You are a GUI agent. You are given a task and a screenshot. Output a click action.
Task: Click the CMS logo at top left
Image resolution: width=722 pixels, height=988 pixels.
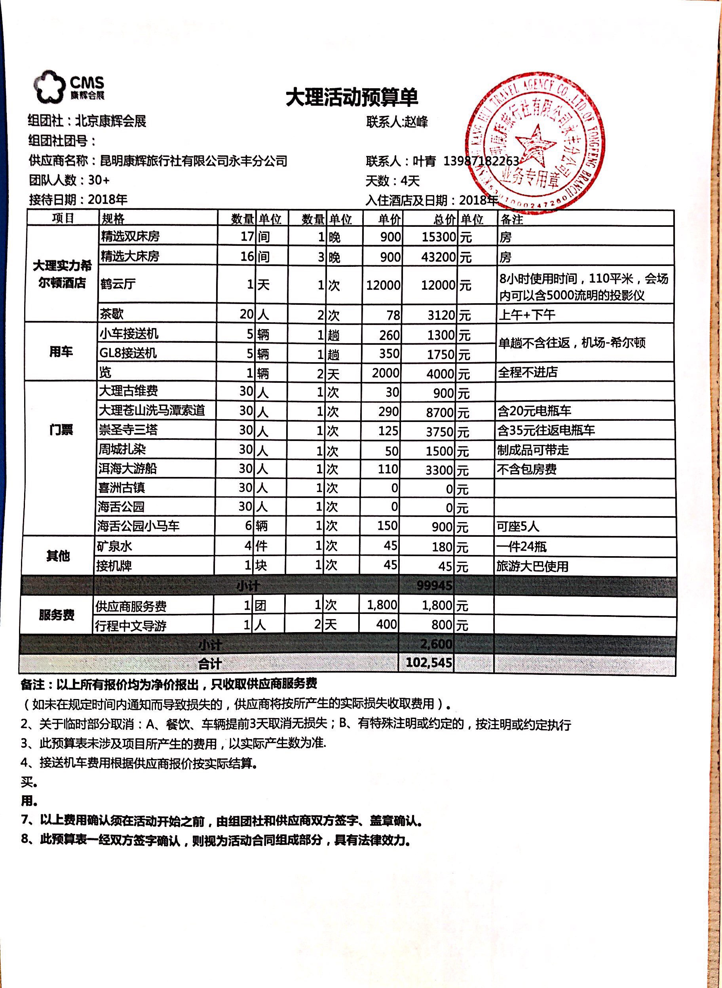point(69,87)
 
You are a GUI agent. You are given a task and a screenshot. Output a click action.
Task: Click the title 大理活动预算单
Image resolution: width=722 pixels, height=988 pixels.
point(352,97)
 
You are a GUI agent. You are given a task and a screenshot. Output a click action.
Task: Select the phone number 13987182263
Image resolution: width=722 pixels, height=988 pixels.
point(481,161)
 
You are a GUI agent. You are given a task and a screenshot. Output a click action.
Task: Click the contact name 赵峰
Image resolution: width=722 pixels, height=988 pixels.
point(416,122)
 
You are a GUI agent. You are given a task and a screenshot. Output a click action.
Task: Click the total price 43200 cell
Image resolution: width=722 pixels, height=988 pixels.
point(438,256)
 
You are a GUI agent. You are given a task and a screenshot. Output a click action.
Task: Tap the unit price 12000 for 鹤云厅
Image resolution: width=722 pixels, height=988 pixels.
point(383,285)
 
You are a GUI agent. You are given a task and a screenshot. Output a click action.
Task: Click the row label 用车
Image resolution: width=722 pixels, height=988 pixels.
point(61,352)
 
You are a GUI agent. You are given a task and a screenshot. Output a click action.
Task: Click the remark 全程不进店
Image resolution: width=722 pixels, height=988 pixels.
point(528,372)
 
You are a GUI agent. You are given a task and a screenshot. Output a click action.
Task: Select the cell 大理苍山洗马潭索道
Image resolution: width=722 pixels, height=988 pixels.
point(152,410)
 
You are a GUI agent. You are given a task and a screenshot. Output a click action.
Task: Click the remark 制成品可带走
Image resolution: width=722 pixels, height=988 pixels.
point(533,450)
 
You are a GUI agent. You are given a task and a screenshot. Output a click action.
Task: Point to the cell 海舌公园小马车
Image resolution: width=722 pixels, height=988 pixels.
point(139,526)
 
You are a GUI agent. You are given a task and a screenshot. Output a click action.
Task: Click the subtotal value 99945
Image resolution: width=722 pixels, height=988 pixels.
point(434,585)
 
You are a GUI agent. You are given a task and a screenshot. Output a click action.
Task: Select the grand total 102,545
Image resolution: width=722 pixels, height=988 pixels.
point(428,663)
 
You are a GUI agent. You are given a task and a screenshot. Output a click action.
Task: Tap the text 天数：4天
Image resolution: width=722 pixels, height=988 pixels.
point(392,181)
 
